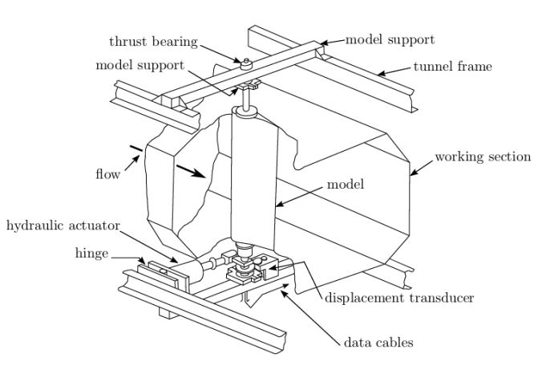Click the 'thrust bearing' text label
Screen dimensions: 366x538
point(151,42)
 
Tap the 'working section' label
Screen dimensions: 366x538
point(483,156)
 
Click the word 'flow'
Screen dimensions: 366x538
point(106,174)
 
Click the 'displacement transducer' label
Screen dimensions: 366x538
point(399,298)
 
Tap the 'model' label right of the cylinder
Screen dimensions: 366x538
point(346,185)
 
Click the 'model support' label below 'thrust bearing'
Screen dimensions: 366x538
point(136,65)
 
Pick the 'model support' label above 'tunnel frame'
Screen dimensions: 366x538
point(390,39)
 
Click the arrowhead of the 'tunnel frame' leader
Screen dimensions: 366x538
point(379,74)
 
